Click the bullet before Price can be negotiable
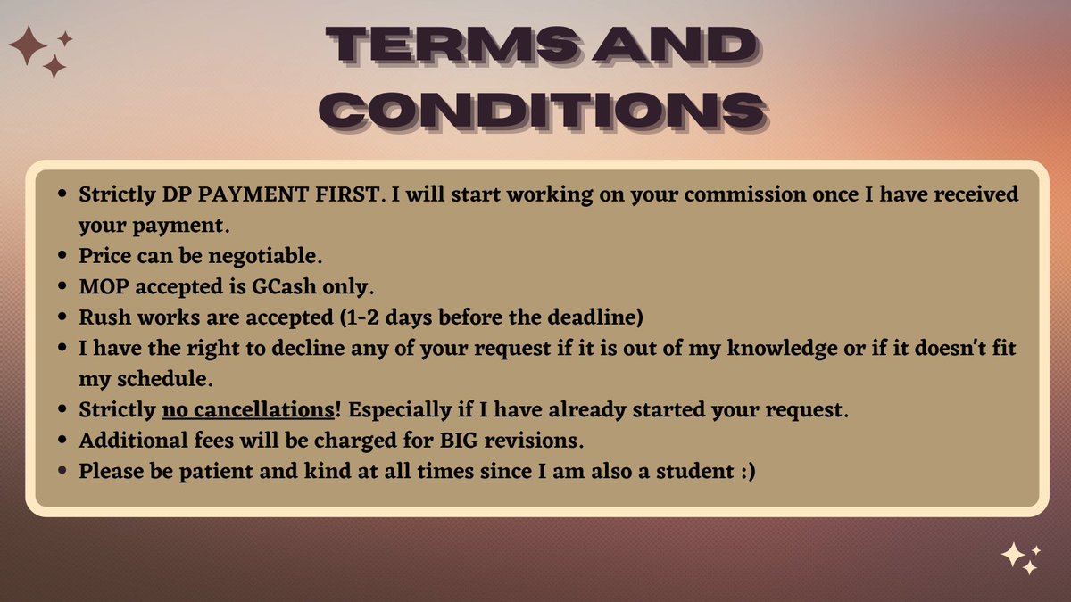(x=61, y=256)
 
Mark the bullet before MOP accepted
(x=61, y=286)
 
